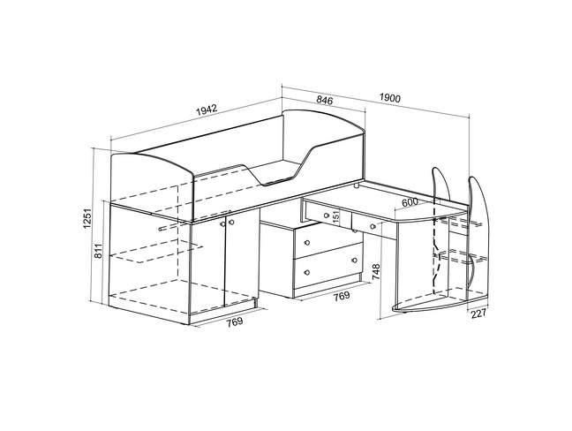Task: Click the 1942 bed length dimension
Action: [x=207, y=110]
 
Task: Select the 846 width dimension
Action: [x=325, y=100]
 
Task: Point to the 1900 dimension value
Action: [x=390, y=98]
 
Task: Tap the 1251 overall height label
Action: [x=87, y=219]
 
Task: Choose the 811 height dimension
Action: [x=99, y=251]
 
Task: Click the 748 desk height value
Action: [x=376, y=272]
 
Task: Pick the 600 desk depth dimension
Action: [x=410, y=202]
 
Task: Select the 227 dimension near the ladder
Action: [x=478, y=314]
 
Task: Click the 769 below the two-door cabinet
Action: [x=235, y=321]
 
